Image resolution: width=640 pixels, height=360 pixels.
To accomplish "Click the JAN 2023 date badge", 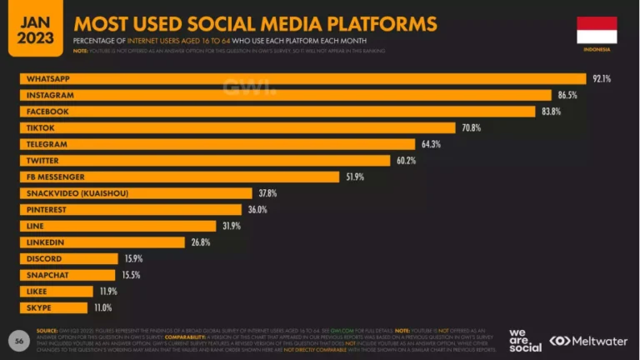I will point(32,29).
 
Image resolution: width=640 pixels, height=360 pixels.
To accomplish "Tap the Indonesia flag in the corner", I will point(597,29).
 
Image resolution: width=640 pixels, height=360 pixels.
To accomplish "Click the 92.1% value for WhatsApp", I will point(602,79).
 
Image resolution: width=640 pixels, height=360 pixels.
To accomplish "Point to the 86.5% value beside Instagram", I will point(567,95).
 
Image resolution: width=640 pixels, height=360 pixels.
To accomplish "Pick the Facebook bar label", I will point(47,112).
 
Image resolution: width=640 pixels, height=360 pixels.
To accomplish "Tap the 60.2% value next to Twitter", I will point(406,160).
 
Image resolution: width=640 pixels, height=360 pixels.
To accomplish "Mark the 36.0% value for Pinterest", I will point(257,209).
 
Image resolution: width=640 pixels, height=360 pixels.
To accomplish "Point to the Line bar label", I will point(36,226).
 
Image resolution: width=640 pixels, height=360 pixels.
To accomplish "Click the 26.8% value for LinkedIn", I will point(200,242).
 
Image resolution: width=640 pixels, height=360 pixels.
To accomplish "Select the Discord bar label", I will point(43,258).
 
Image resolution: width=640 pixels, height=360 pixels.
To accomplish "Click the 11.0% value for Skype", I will point(102,307).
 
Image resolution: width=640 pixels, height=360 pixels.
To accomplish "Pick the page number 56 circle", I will point(18,340).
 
